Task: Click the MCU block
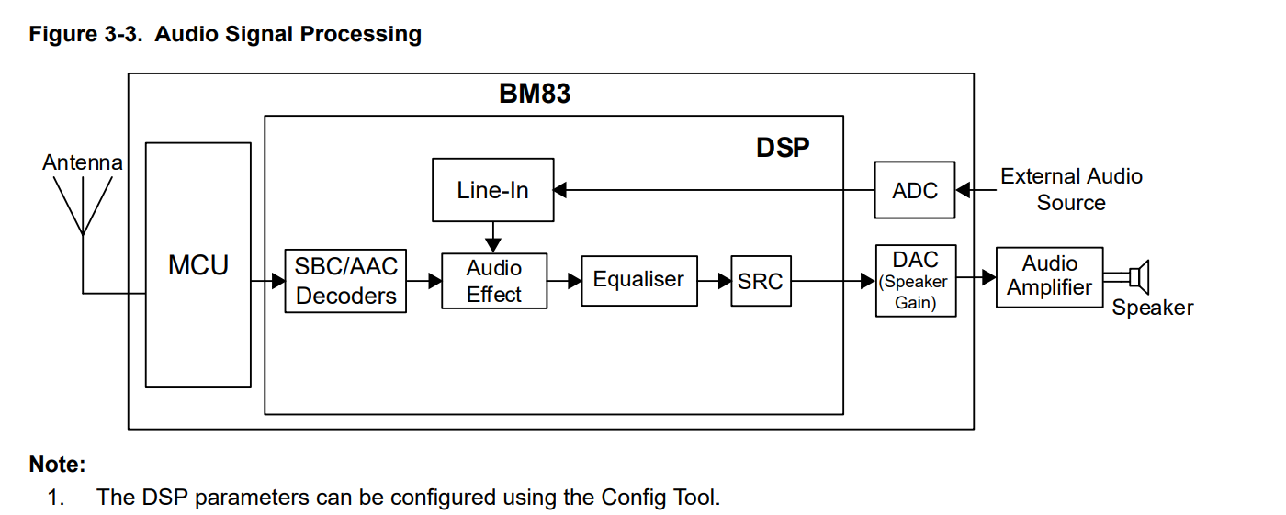click(x=198, y=265)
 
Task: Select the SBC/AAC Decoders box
click(x=345, y=281)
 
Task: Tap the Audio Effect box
click(x=494, y=281)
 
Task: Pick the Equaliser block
click(x=638, y=280)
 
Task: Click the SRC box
click(x=761, y=281)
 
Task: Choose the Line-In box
click(x=493, y=191)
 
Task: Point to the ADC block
click(x=914, y=191)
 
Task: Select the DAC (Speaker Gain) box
click(x=915, y=281)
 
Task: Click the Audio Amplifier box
click(x=1049, y=276)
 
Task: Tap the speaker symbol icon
click(x=1137, y=275)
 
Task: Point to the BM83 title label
click(x=535, y=94)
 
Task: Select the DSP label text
click(x=783, y=148)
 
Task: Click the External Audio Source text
click(x=1071, y=189)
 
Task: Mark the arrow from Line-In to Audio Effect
click(x=493, y=238)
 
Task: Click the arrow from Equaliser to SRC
click(x=714, y=281)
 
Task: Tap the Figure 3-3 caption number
click(x=87, y=35)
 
